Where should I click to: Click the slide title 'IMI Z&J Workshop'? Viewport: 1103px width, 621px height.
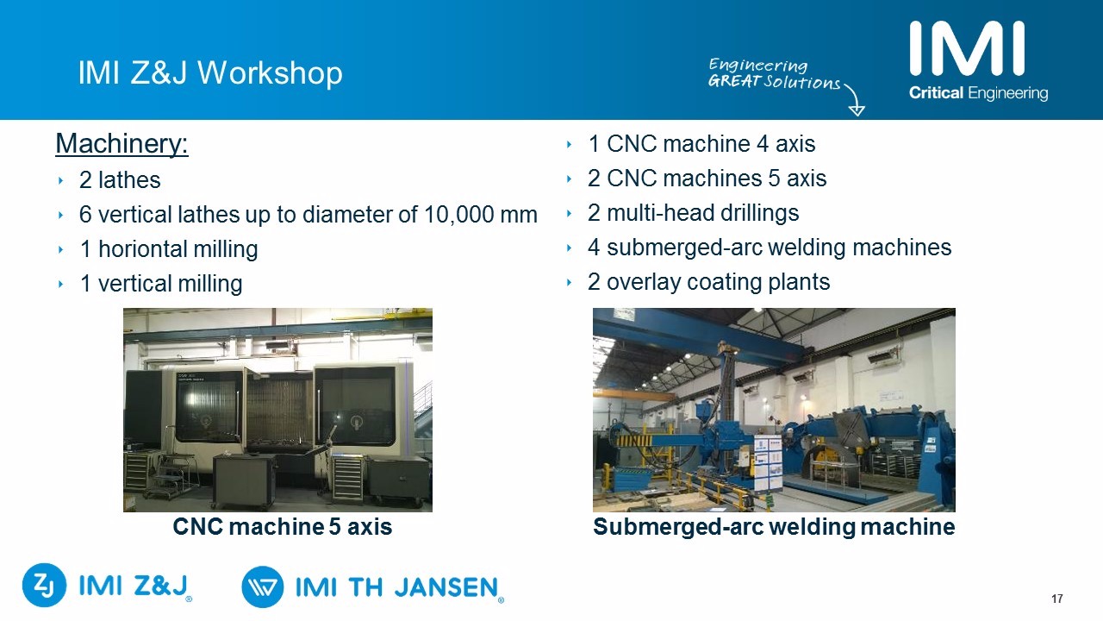[210, 73]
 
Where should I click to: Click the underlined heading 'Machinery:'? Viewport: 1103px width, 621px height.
[122, 144]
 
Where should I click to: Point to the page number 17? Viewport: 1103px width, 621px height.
[1056, 599]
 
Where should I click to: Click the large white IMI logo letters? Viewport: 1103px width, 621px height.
[967, 49]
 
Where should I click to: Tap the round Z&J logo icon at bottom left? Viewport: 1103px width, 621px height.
[44, 585]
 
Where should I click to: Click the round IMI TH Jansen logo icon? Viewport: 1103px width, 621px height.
[263, 586]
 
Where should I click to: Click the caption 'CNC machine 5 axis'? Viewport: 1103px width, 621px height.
[282, 526]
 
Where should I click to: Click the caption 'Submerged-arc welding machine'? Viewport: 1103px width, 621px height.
[774, 526]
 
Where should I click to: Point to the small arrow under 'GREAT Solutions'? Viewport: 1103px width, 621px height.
[856, 101]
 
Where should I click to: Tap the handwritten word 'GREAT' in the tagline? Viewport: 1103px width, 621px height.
[734, 80]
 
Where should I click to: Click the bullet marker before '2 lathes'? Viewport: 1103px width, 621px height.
[60, 180]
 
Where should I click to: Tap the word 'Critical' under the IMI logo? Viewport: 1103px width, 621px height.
[936, 92]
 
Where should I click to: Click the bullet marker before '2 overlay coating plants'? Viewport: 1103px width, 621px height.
[570, 282]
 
